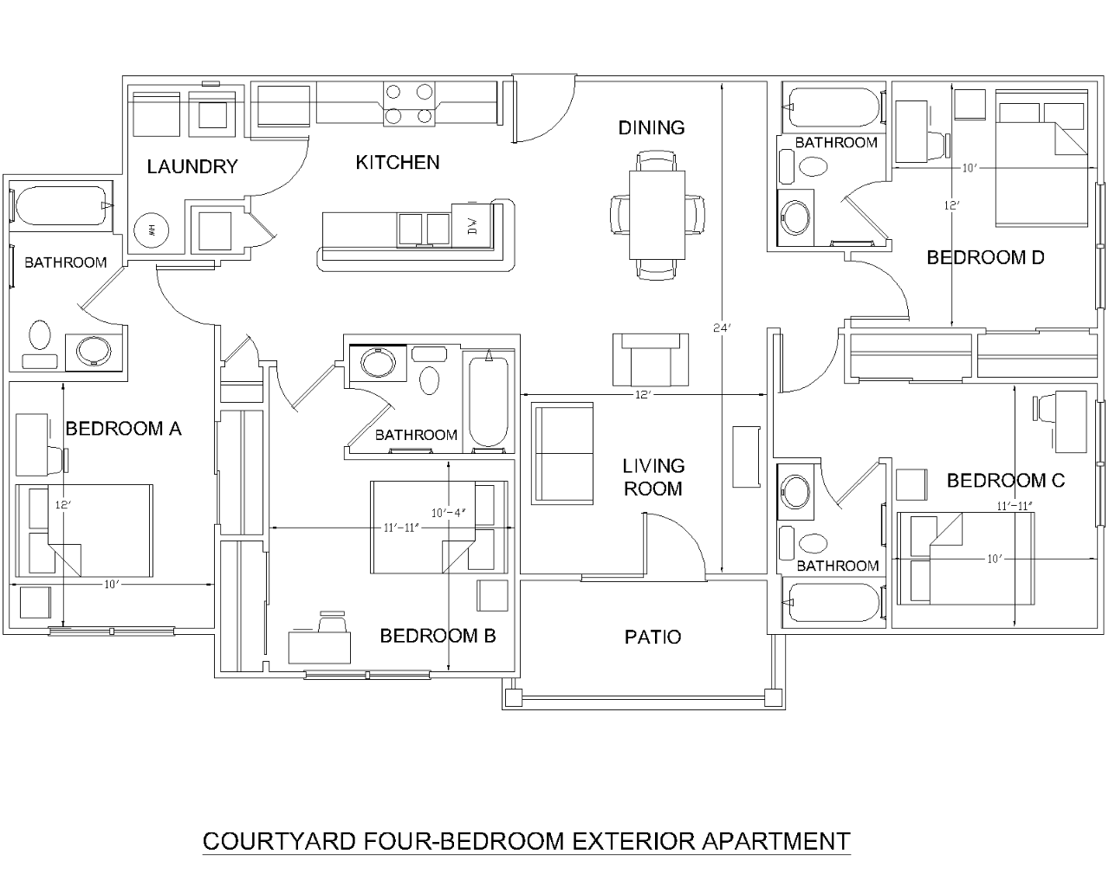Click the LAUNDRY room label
click(x=191, y=166)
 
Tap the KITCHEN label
click(x=398, y=162)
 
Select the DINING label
click(x=652, y=127)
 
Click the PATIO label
click(x=652, y=638)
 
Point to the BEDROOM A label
click(x=124, y=428)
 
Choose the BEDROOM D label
click(x=985, y=257)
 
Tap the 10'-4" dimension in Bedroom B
click(x=449, y=511)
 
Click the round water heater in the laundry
click(x=148, y=230)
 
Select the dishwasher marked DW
click(x=472, y=227)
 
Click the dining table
click(x=657, y=214)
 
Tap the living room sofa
click(x=564, y=453)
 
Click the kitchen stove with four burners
click(x=409, y=103)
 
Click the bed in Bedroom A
click(x=84, y=531)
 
